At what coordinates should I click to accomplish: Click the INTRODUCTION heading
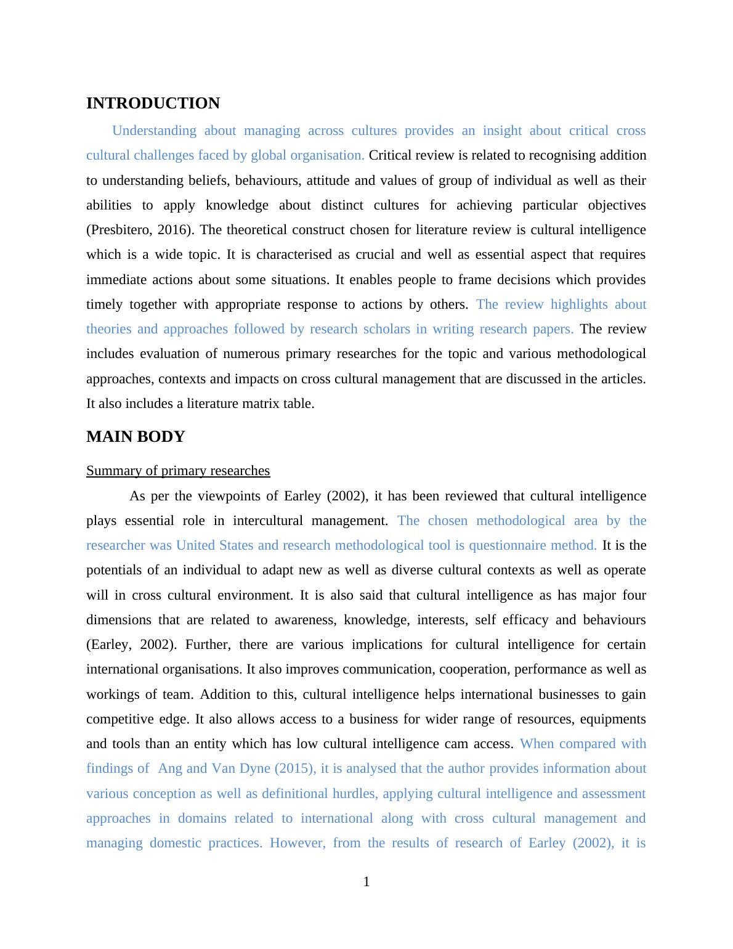[153, 104]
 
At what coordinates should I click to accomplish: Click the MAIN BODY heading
[136, 437]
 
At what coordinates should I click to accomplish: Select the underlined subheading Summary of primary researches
[178, 471]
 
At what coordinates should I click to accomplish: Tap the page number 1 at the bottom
[366, 882]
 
